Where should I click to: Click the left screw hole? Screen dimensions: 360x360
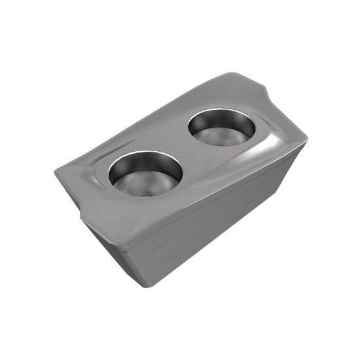tap(145, 175)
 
